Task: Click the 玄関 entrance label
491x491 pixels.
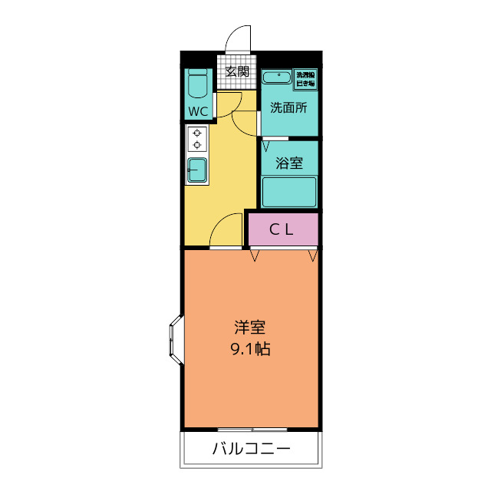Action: [x=237, y=72]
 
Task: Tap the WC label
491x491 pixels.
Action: [x=199, y=111]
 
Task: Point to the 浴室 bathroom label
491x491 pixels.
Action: [x=288, y=163]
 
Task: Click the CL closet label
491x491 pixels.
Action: [x=282, y=228]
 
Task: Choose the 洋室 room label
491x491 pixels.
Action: [x=249, y=328]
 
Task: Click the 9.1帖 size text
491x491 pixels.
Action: [x=249, y=350]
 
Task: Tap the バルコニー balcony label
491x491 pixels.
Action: [x=251, y=450]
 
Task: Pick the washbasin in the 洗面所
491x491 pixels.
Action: [x=276, y=77]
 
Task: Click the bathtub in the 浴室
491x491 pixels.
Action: [x=289, y=192]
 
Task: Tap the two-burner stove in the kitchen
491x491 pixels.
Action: [x=197, y=139]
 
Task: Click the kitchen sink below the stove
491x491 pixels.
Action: [x=197, y=170]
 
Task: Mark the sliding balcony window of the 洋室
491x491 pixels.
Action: [x=251, y=429]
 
